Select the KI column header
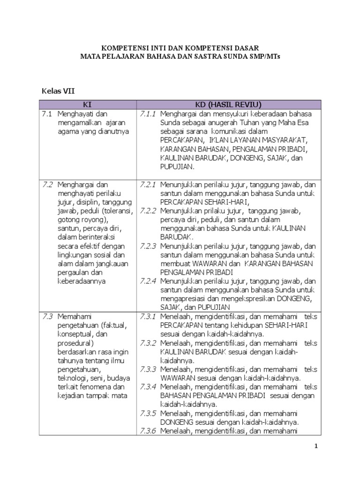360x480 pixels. click(87, 105)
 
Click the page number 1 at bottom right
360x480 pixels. click(315, 446)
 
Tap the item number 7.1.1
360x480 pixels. click(147, 114)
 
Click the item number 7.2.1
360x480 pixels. click(147, 185)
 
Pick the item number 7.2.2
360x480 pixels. click(147, 211)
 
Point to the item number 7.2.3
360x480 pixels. click(147, 246)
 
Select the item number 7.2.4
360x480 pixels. click(147, 281)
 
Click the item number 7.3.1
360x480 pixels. click(147, 316)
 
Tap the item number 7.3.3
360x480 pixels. click(147, 369)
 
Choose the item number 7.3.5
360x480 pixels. click(147, 413)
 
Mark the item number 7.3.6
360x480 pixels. click(147, 431)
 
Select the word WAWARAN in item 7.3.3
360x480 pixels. click(175, 378)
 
